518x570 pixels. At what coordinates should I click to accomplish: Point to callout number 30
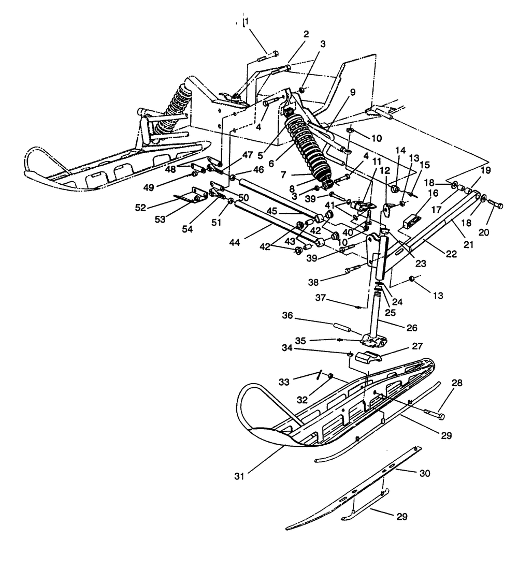click(x=424, y=473)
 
